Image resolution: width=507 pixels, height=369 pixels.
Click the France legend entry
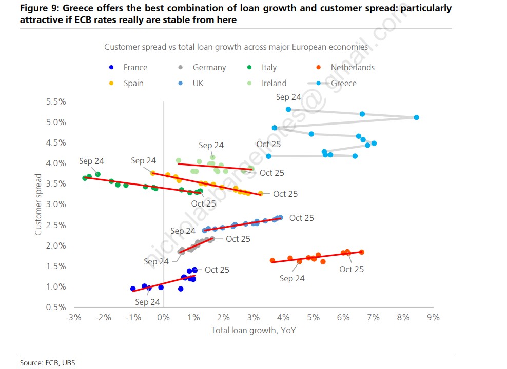point(135,68)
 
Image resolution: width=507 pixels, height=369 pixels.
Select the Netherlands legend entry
point(352,68)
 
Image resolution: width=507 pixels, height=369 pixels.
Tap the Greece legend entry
point(343,83)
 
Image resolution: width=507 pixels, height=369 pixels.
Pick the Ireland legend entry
point(274,83)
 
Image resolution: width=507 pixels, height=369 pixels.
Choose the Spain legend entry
point(133,83)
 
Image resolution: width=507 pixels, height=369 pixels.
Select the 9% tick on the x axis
point(433,318)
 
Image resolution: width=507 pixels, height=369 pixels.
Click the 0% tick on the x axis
point(163,318)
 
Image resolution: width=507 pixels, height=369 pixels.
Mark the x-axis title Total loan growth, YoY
point(253,330)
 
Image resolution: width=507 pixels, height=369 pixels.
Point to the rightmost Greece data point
point(416,117)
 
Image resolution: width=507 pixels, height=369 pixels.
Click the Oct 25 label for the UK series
point(301,218)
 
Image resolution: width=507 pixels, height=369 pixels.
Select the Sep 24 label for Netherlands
point(292,278)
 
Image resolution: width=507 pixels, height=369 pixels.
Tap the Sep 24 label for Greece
point(288,97)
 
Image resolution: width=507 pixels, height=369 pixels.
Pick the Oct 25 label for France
point(217,270)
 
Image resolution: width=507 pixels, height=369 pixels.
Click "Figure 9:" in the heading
point(39,8)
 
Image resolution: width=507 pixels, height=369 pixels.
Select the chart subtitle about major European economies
point(236,47)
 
